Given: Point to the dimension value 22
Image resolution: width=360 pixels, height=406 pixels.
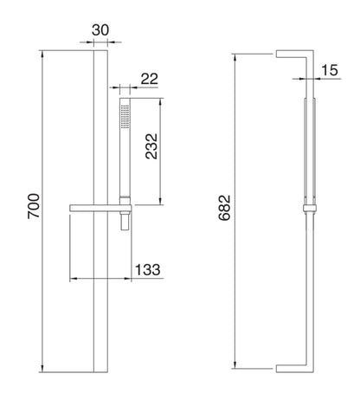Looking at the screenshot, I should pyautogui.click(x=148, y=80).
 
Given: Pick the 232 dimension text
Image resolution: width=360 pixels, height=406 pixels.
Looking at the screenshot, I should pyautogui.click(x=175, y=151).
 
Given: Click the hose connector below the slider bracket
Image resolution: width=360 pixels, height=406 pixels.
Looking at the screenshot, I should pyautogui.click(x=125, y=222).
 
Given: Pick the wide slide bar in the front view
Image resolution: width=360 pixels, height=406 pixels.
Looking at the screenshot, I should pyautogui.click(x=100, y=329).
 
